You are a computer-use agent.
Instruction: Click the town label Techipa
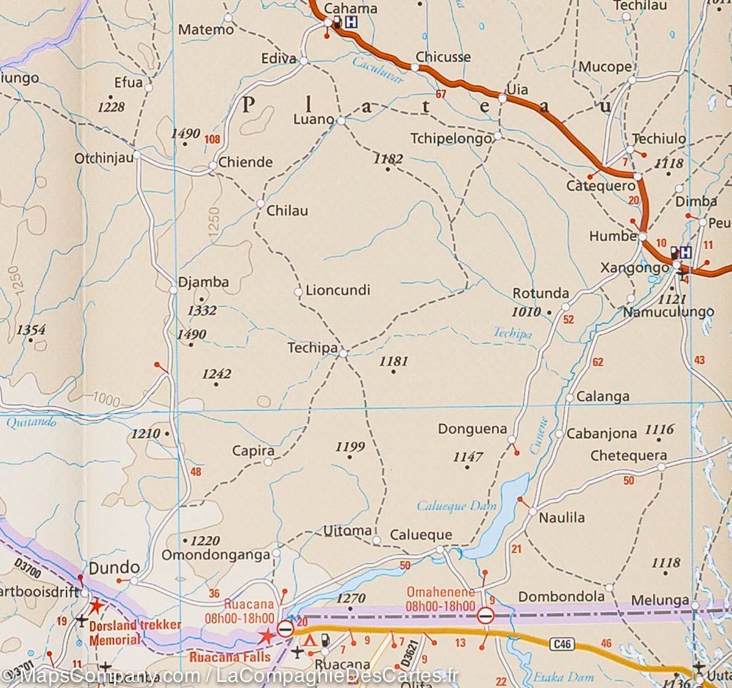point(312,348)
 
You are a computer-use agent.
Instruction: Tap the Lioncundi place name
point(338,290)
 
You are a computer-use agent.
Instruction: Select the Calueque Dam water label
point(457,506)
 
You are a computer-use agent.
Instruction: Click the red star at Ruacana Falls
point(267,636)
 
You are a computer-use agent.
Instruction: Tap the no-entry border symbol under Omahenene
point(486,615)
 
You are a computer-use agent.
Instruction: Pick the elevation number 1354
point(31,330)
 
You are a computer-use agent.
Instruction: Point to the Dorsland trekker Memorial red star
point(96,607)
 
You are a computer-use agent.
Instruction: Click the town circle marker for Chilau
point(260,203)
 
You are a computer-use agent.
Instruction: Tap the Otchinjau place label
point(103,158)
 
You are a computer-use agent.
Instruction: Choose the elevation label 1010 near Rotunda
point(527,312)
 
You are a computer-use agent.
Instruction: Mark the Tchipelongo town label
point(451,138)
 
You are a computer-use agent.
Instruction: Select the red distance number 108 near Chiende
point(212,139)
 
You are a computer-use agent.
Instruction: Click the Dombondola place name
point(561,596)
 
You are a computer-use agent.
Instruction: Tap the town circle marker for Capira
point(268,462)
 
